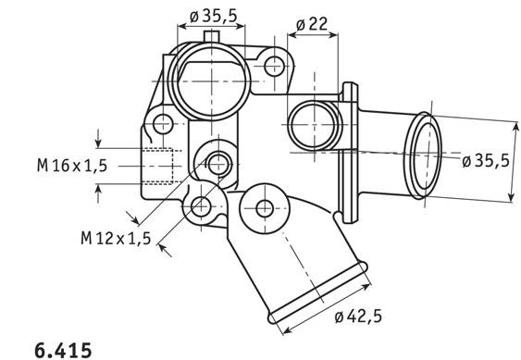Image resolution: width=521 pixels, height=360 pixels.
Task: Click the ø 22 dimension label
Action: tap(311, 24)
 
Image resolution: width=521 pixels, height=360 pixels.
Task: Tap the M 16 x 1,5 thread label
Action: tap(72, 166)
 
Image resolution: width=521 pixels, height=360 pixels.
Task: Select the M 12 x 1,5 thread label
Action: tap(116, 238)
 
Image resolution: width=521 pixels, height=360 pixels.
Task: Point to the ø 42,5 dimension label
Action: tap(358, 317)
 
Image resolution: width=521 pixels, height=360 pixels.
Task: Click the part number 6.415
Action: tap(63, 350)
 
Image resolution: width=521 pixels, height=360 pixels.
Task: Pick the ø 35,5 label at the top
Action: tap(214, 16)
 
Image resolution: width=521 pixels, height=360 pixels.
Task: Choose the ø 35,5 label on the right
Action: tap(486, 161)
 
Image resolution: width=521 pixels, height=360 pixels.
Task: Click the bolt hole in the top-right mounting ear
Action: tap(275, 66)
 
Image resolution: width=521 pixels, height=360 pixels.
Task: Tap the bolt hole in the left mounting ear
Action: tap(163, 124)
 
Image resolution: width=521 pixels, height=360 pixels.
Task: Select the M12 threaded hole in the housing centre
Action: tap(218, 164)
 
